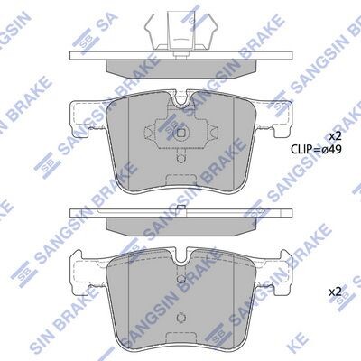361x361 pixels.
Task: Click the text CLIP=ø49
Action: [316, 149]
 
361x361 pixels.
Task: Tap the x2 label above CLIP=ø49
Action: [335, 137]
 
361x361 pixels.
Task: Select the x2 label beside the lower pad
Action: [335, 292]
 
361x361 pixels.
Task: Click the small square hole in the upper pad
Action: [181, 133]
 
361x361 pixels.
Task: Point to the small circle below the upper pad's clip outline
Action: [181, 159]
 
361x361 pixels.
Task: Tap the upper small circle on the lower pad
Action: [181, 279]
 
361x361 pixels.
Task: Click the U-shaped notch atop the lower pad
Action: [181, 256]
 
